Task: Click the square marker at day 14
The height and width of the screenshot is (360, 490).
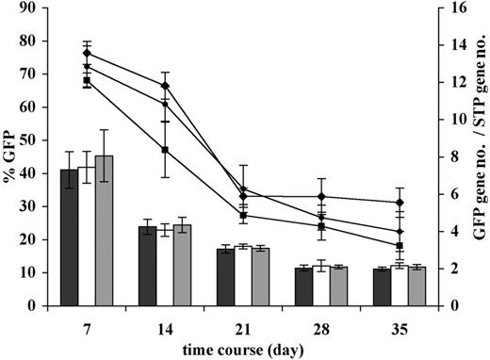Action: pos(165,150)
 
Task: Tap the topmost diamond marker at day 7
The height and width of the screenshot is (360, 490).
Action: pos(87,53)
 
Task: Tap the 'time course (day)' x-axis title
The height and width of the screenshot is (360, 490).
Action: pos(243,349)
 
